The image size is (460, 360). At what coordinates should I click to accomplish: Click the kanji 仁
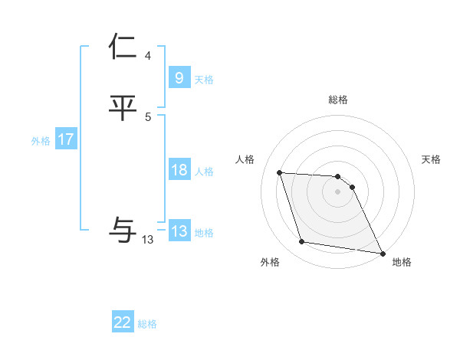(123, 47)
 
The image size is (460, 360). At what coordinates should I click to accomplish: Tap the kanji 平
(123, 108)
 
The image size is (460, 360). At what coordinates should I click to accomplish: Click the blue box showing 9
(179, 77)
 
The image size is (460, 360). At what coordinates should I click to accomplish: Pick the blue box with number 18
(179, 170)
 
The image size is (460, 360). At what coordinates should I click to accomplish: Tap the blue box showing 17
(66, 140)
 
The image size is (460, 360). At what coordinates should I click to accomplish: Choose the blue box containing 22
(123, 322)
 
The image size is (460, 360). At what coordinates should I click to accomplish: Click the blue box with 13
(179, 231)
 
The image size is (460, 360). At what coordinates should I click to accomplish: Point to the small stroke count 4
(148, 56)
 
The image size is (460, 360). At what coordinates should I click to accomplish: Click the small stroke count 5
(148, 117)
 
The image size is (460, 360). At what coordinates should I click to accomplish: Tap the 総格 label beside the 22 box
(147, 324)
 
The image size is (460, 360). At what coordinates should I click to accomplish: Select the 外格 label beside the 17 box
(41, 141)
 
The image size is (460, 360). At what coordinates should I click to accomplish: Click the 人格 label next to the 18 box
(204, 172)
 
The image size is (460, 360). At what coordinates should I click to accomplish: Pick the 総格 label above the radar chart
(337, 100)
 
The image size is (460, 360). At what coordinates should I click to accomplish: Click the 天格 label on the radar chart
(431, 159)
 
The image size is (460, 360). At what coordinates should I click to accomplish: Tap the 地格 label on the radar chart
(402, 262)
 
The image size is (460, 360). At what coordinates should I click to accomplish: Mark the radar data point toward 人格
(280, 173)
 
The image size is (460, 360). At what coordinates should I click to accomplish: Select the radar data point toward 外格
(302, 242)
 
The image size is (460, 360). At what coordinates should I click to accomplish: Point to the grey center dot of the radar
(337, 191)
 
